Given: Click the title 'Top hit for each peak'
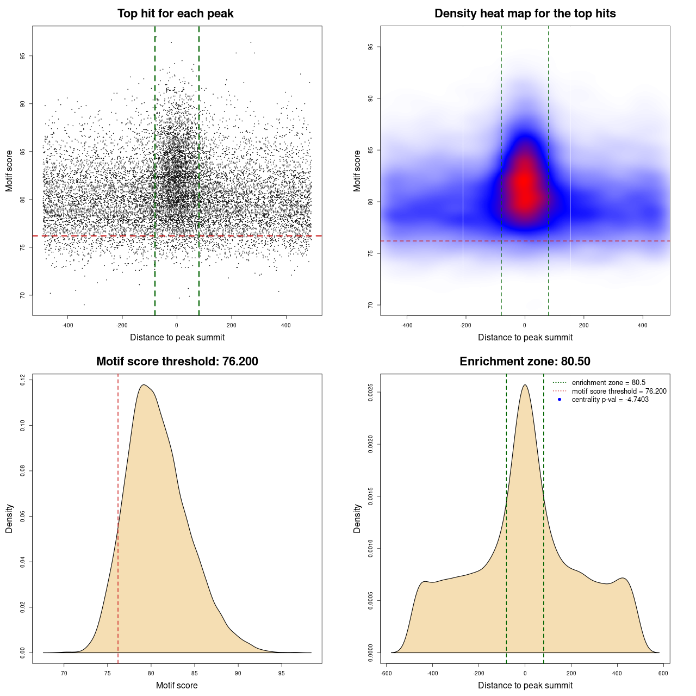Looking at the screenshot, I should coord(175,14).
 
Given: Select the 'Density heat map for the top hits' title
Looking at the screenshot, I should coord(525,14).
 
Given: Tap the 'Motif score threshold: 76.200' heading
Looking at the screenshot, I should coord(177,362).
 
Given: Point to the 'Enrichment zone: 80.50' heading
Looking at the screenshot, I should coord(525,362).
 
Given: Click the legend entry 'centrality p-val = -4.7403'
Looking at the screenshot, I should coord(610,400).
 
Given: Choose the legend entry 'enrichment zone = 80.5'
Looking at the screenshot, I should coord(608,383).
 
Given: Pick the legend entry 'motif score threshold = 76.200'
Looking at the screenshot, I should coord(619,391).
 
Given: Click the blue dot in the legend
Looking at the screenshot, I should coord(560,400).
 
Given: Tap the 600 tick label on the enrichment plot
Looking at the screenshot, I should coord(663,673).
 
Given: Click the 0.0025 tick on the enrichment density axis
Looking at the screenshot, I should coord(370,393).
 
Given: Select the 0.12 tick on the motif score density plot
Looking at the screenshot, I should coord(22,380).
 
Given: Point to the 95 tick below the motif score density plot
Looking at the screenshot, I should coord(281,673).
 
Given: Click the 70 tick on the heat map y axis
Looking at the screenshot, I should coord(370,305).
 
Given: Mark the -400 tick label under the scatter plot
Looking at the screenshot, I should coord(67,325).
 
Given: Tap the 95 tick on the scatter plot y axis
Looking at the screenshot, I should coord(22,56).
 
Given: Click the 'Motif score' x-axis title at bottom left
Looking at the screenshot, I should coord(177,685).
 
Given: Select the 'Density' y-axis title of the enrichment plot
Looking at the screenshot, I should coord(357,518).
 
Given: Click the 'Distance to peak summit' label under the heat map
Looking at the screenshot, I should coord(525,337).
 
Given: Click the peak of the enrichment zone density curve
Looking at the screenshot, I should coord(525,385).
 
